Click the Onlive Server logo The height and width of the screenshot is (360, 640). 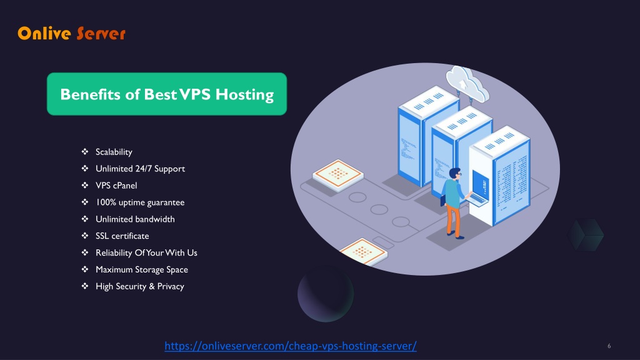(x=71, y=34)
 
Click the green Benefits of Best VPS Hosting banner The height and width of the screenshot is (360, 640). (x=167, y=94)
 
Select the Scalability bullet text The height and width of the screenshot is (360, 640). (x=114, y=152)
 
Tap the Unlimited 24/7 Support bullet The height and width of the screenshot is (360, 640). (x=140, y=169)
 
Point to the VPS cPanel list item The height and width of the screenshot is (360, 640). (x=116, y=185)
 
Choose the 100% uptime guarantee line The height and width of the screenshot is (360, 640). (x=140, y=202)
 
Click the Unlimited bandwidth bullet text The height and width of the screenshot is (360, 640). (x=135, y=219)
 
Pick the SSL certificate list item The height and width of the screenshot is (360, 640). (x=122, y=236)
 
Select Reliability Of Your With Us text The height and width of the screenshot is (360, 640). (x=146, y=252)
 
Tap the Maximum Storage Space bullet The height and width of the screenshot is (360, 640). (x=142, y=269)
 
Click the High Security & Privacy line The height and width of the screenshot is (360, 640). (x=139, y=286)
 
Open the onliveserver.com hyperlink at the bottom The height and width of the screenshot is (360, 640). (x=291, y=346)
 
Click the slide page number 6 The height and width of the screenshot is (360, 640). (x=609, y=346)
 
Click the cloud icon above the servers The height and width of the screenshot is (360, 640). (x=467, y=84)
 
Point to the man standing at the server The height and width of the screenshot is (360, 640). (x=454, y=202)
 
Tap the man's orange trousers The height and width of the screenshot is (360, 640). (x=454, y=221)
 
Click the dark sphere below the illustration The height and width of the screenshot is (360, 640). (x=325, y=294)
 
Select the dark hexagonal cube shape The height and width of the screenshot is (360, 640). (x=585, y=235)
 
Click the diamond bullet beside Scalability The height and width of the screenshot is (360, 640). (x=85, y=151)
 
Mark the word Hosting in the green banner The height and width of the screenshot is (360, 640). (x=244, y=94)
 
